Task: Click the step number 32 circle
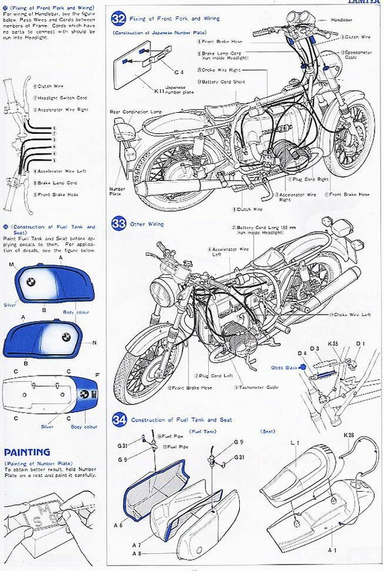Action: pyautogui.click(x=119, y=18)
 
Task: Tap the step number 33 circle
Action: pyautogui.click(x=119, y=223)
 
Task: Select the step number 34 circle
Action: pyautogui.click(x=119, y=419)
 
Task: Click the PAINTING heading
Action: pyautogui.click(x=27, y=452)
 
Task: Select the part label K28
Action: pyautogui.click(x=348, y=435)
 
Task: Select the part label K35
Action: pyautogui.click(x=333, y=345)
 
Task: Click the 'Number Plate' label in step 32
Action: pyautogui.click(x=117, y=190)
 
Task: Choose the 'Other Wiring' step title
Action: pyautogui.click(x=147, y=224)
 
